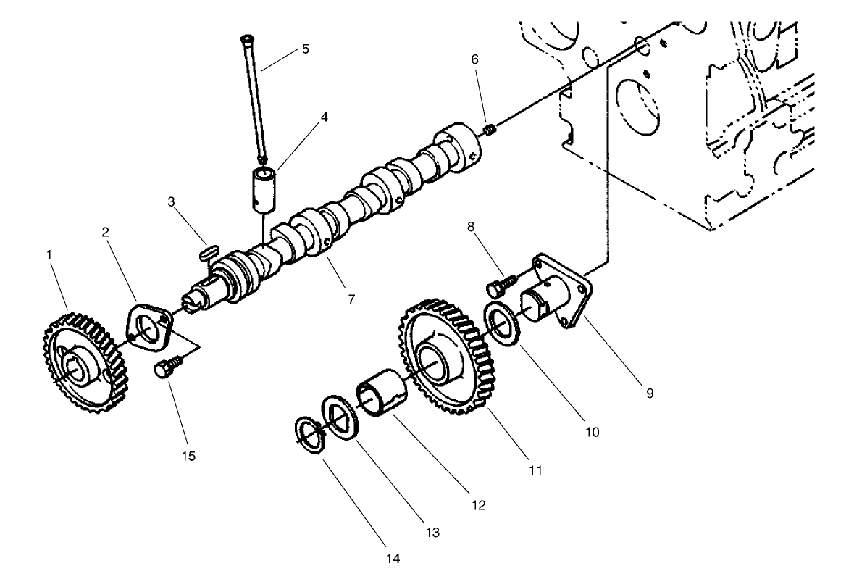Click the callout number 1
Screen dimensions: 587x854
tap(49, 255)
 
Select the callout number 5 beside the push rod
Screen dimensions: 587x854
tap(305, 49)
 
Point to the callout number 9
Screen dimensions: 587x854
tap(650, 393)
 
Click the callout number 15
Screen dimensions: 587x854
tap(189, 456)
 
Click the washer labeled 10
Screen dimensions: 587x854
tap(499, 326)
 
